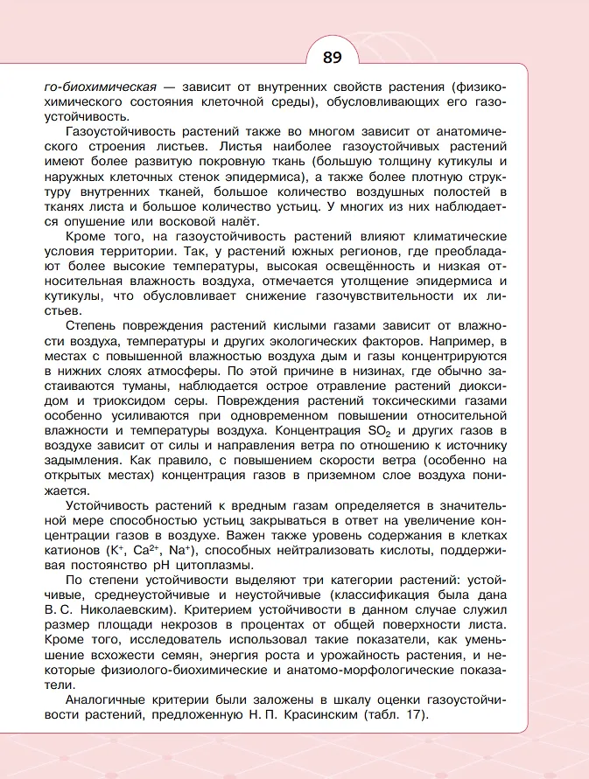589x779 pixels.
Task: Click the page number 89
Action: [332, 59]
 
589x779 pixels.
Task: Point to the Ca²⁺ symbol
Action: [146, 550]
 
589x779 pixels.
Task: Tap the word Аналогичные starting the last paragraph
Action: [108, 699]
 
